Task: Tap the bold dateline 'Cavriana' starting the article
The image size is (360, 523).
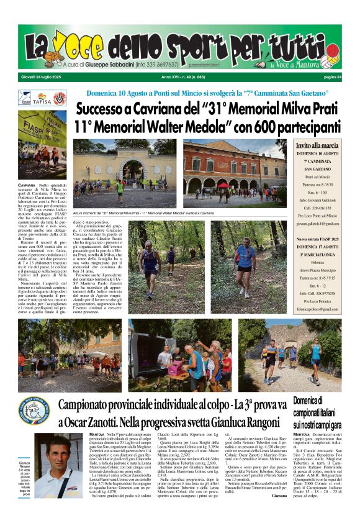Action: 27,186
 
